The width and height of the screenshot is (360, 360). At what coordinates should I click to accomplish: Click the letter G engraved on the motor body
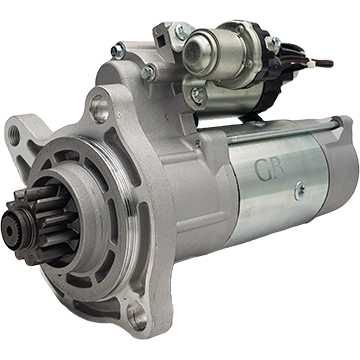click(x=262, y=170)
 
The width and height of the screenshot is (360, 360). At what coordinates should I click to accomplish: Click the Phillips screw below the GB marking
click(x=300, y=191)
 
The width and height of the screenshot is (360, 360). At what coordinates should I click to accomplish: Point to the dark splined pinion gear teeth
click(x=47, y=223)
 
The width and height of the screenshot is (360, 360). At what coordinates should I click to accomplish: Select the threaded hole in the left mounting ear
click(x=14, y=136)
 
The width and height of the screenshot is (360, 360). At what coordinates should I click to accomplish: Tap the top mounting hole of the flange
click(x=100, y=108)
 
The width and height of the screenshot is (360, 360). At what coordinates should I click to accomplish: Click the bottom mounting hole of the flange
click(x=137, y=315)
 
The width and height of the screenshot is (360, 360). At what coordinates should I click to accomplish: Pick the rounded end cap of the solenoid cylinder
click(x=195, y=53)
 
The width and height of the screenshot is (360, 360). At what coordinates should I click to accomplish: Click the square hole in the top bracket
click(x=161, y=42)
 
